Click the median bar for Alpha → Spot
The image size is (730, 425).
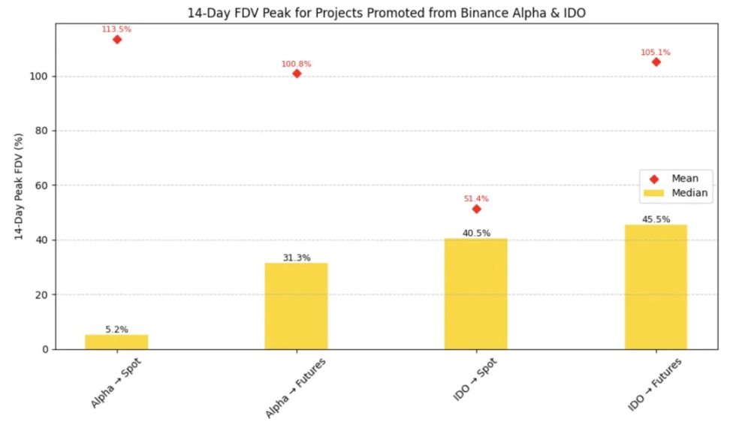click(x=116, y=342)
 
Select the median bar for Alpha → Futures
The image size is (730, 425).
click(x=296, y=306)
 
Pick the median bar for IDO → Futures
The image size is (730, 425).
click(x=656, y=287)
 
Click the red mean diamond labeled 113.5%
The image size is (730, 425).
click(x=117, y=39)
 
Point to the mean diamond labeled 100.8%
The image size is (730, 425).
click(x=297, y=74)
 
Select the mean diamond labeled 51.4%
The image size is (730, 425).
click(x=476, y=209)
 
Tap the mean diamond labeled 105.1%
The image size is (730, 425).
click(x=656, y=62)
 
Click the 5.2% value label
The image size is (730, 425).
click(x=116, y=329)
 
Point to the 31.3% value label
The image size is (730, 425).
click(x=297, y=258)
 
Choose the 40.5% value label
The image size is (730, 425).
click(x=476, y=233)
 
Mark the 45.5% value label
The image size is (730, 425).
click(x=656, y=219)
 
